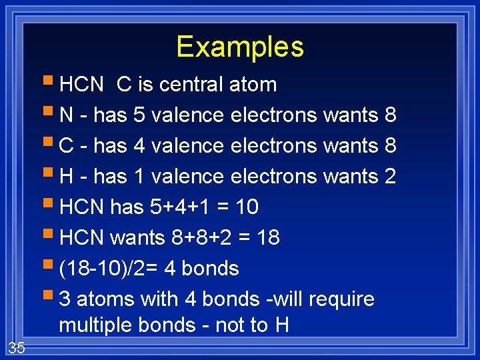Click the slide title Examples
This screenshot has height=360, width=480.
(x=240, y=47)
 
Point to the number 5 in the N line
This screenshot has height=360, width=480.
(x=139, y=115)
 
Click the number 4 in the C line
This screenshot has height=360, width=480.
(x=139, y=146)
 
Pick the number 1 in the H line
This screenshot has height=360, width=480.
(x=139, y=177)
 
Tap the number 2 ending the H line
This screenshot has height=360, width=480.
(x=391, y=177)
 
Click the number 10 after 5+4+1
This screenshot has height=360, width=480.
(x=247, y=207)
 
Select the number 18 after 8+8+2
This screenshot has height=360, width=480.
(x=268, y=238)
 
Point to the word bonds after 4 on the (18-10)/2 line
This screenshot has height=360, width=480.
(x=210, y=269)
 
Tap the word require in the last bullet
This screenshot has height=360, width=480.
(x=343, y=299)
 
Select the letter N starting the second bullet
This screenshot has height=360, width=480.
(x=66, y=115)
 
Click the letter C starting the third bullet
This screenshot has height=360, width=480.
(x=66, y=146)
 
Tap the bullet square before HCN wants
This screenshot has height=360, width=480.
(x=52, y=236)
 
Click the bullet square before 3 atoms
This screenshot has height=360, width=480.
(x=52, y=297)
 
